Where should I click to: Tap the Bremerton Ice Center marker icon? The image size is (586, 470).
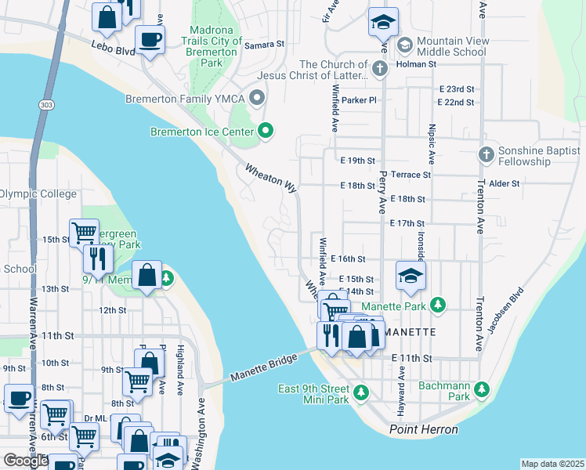pos(266,130)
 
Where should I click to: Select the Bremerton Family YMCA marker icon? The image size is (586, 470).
pos(256,99)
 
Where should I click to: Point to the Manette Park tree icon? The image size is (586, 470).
pos(439,303)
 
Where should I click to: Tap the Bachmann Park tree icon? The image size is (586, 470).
pos(483,389)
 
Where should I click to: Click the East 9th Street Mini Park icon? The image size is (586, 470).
pos(360,392)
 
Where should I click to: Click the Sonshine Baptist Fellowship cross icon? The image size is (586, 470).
pos(486,154)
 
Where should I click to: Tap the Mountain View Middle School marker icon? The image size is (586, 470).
pos(405,42)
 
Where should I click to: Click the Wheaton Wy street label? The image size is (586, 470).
pos(270,179)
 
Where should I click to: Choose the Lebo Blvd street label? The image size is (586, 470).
pos(113,49)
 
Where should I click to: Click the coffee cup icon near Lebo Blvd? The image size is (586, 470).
pos(150,38)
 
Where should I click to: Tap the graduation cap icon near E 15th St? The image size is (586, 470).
pos(411,275)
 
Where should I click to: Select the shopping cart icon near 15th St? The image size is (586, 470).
pos(84,231)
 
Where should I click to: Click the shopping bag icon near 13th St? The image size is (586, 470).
pos(146,274)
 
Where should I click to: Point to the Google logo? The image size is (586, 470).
pos(26,461)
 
